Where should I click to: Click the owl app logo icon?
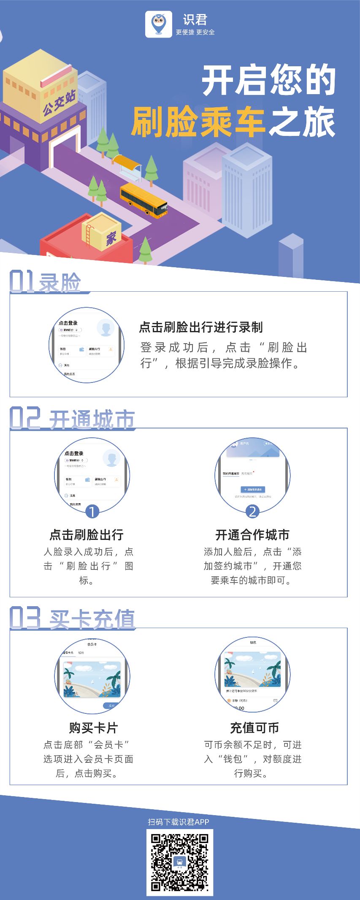[x=158, y=24]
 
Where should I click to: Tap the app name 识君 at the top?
[x=195, y=20]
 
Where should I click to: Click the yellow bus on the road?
[x=144, y=200]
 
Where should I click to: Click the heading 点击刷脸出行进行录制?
[x=201, y=327]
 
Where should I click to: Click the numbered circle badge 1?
[x=92, y=512]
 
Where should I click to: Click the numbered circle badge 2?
[x=252, y=512]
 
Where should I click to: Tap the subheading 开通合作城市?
[x=252, y=535]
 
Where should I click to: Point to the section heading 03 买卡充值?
[x=72, y=618]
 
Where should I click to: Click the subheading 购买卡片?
[x=93, y=728]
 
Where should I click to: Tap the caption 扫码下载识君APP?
[x=179, y=821]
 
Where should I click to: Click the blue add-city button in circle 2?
[x=253, y=489]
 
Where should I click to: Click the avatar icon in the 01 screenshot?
[x=106, y=328]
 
